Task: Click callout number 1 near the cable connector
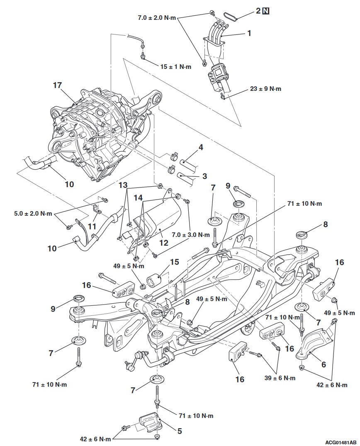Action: click(249, 33)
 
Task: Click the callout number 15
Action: click(175, 262)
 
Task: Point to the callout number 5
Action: click(179, 431)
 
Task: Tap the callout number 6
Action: click(324, 365)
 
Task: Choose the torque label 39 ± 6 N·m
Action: click(280, 378)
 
